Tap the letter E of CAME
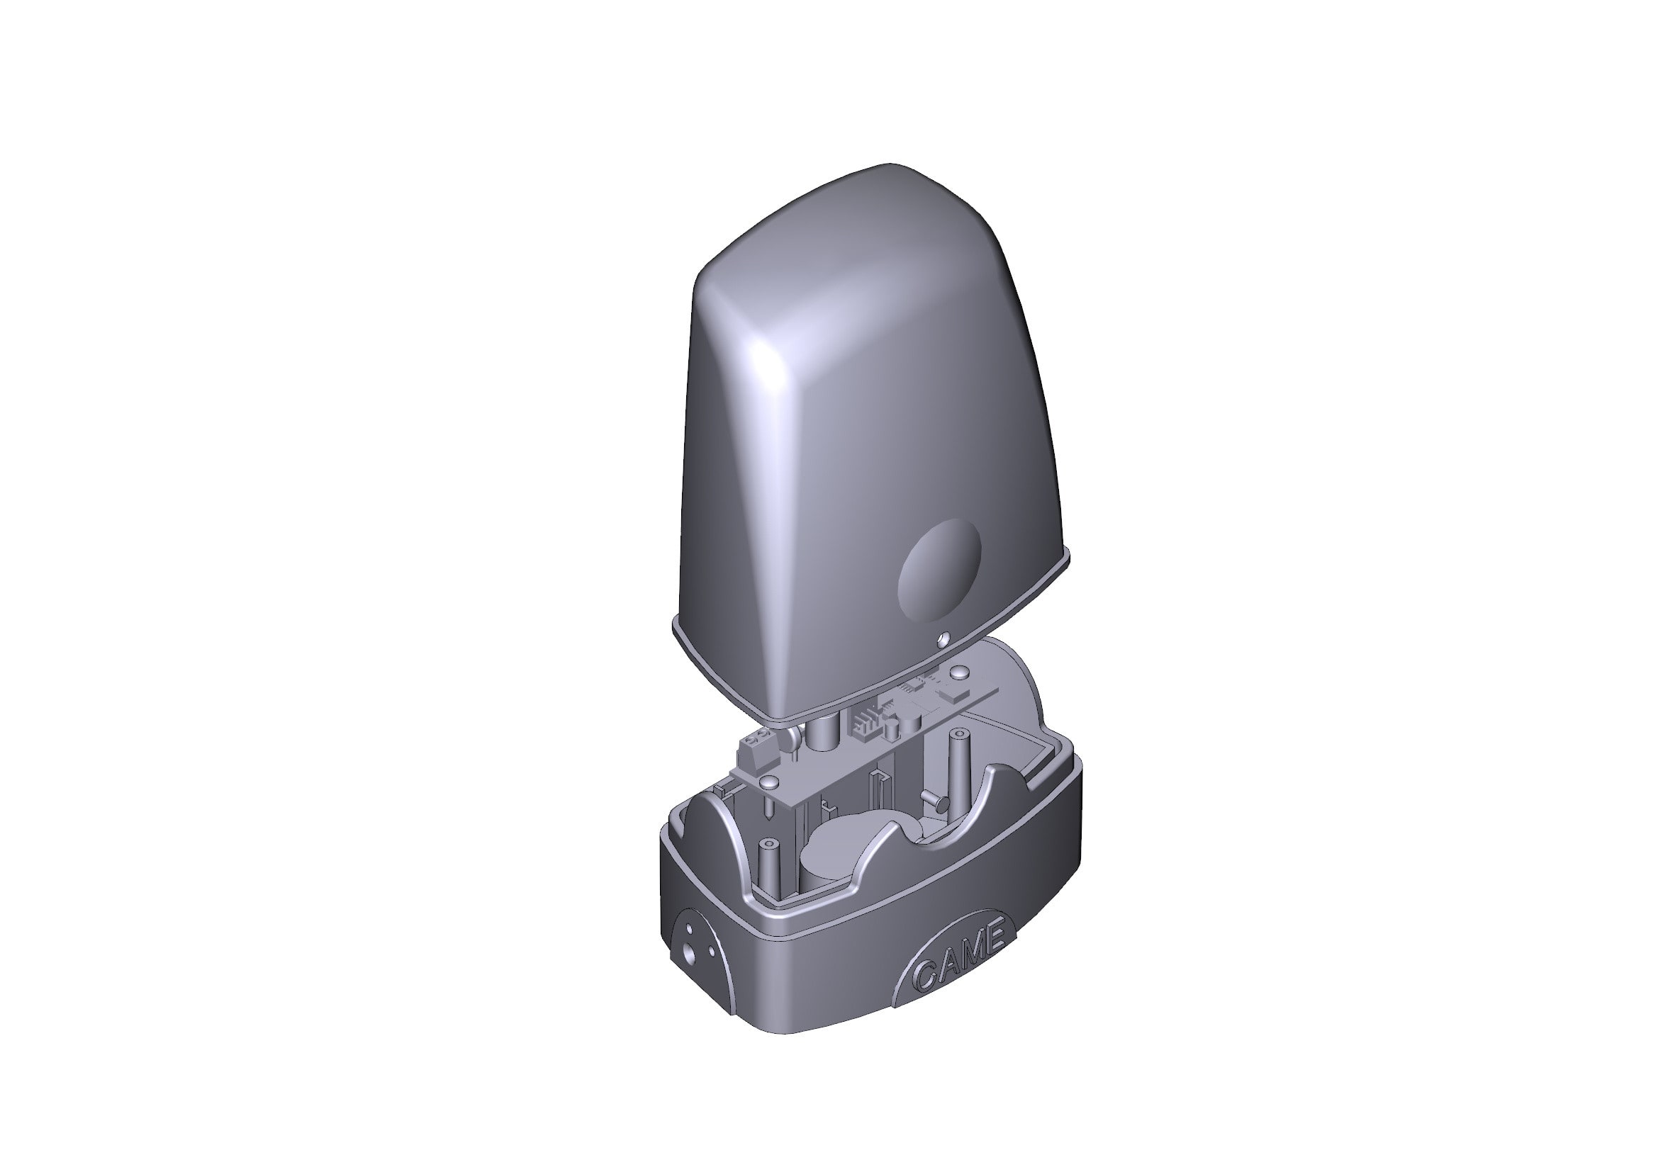(x=995, y=939)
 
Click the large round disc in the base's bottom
(x=841, y=848)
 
